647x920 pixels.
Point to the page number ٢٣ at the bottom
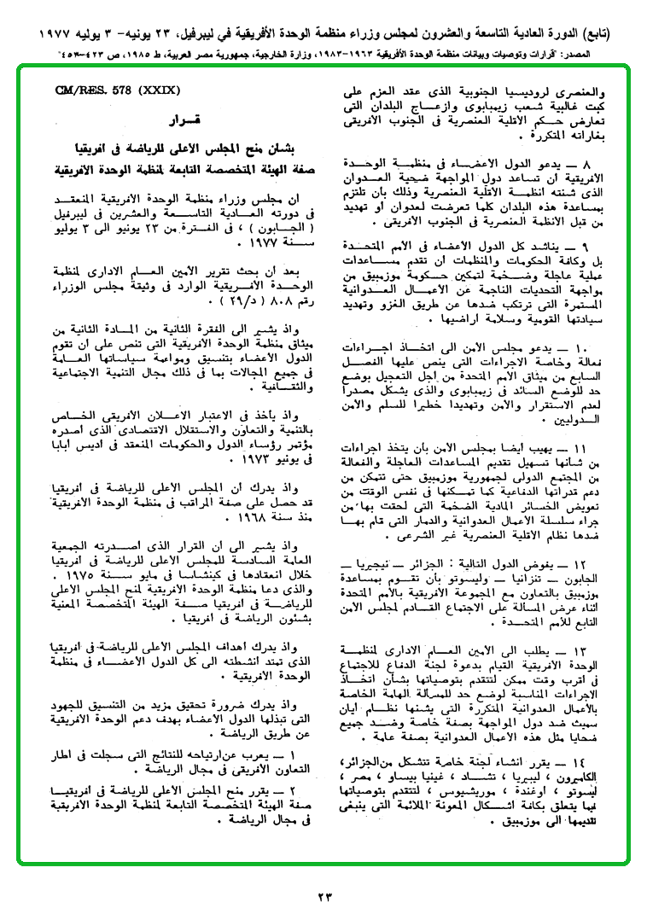tap(325, 896)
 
